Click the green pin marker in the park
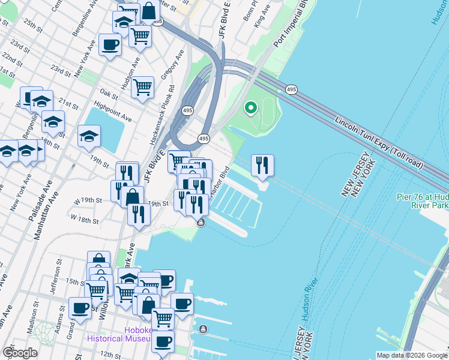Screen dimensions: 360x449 251,108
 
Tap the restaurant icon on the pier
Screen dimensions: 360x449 262,165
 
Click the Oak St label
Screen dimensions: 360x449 108,94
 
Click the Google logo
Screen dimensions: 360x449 20,352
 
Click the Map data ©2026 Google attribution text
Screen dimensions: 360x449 412,355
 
